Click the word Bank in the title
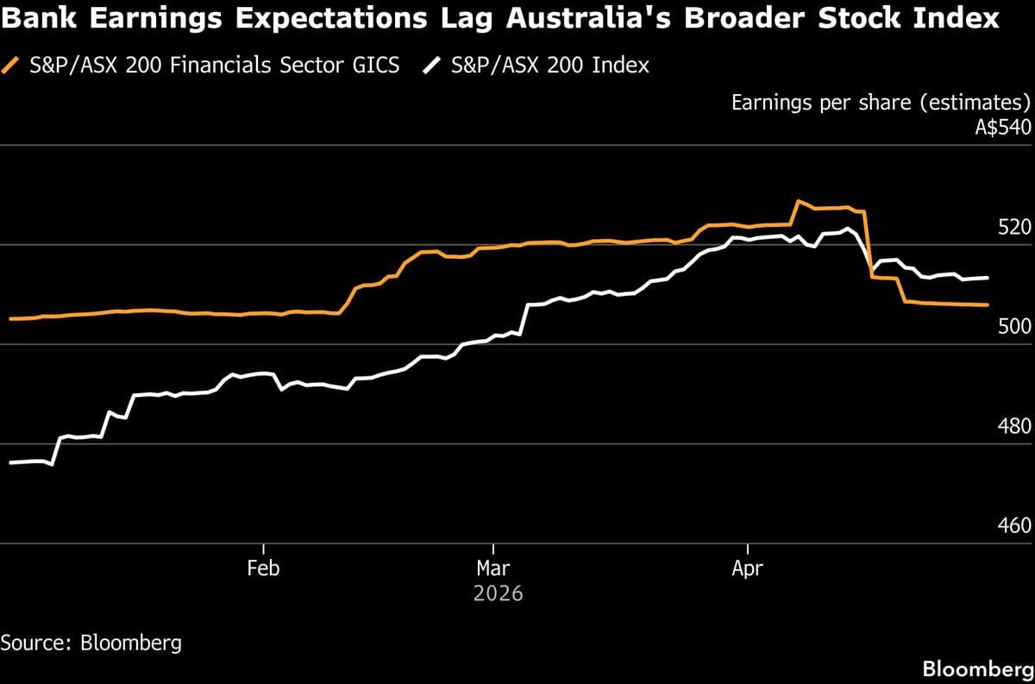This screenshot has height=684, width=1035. pos(35,19)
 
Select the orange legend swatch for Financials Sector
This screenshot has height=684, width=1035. pos(11,66)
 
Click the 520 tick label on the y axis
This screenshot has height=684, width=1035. pos(1014,228)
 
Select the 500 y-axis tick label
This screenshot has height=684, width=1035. pos(1014,327)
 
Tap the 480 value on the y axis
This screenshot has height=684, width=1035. pos(1014,427)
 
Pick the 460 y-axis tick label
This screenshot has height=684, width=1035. pos(1014,526)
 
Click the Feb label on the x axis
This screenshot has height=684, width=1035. pos(263,568)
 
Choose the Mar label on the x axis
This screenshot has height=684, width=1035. pos(492,568)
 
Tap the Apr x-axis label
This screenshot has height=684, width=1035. pos(747,568)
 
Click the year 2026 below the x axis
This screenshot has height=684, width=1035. pos(498,594)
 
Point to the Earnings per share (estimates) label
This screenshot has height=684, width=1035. pos(881,104)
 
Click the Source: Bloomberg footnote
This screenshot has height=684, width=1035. pos(91,643)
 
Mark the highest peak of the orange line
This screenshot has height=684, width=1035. pos(799,201)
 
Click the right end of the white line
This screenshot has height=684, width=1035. pos(988,278)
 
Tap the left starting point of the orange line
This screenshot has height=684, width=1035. pos(9,318)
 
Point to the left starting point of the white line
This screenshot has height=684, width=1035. pos(9,463)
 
